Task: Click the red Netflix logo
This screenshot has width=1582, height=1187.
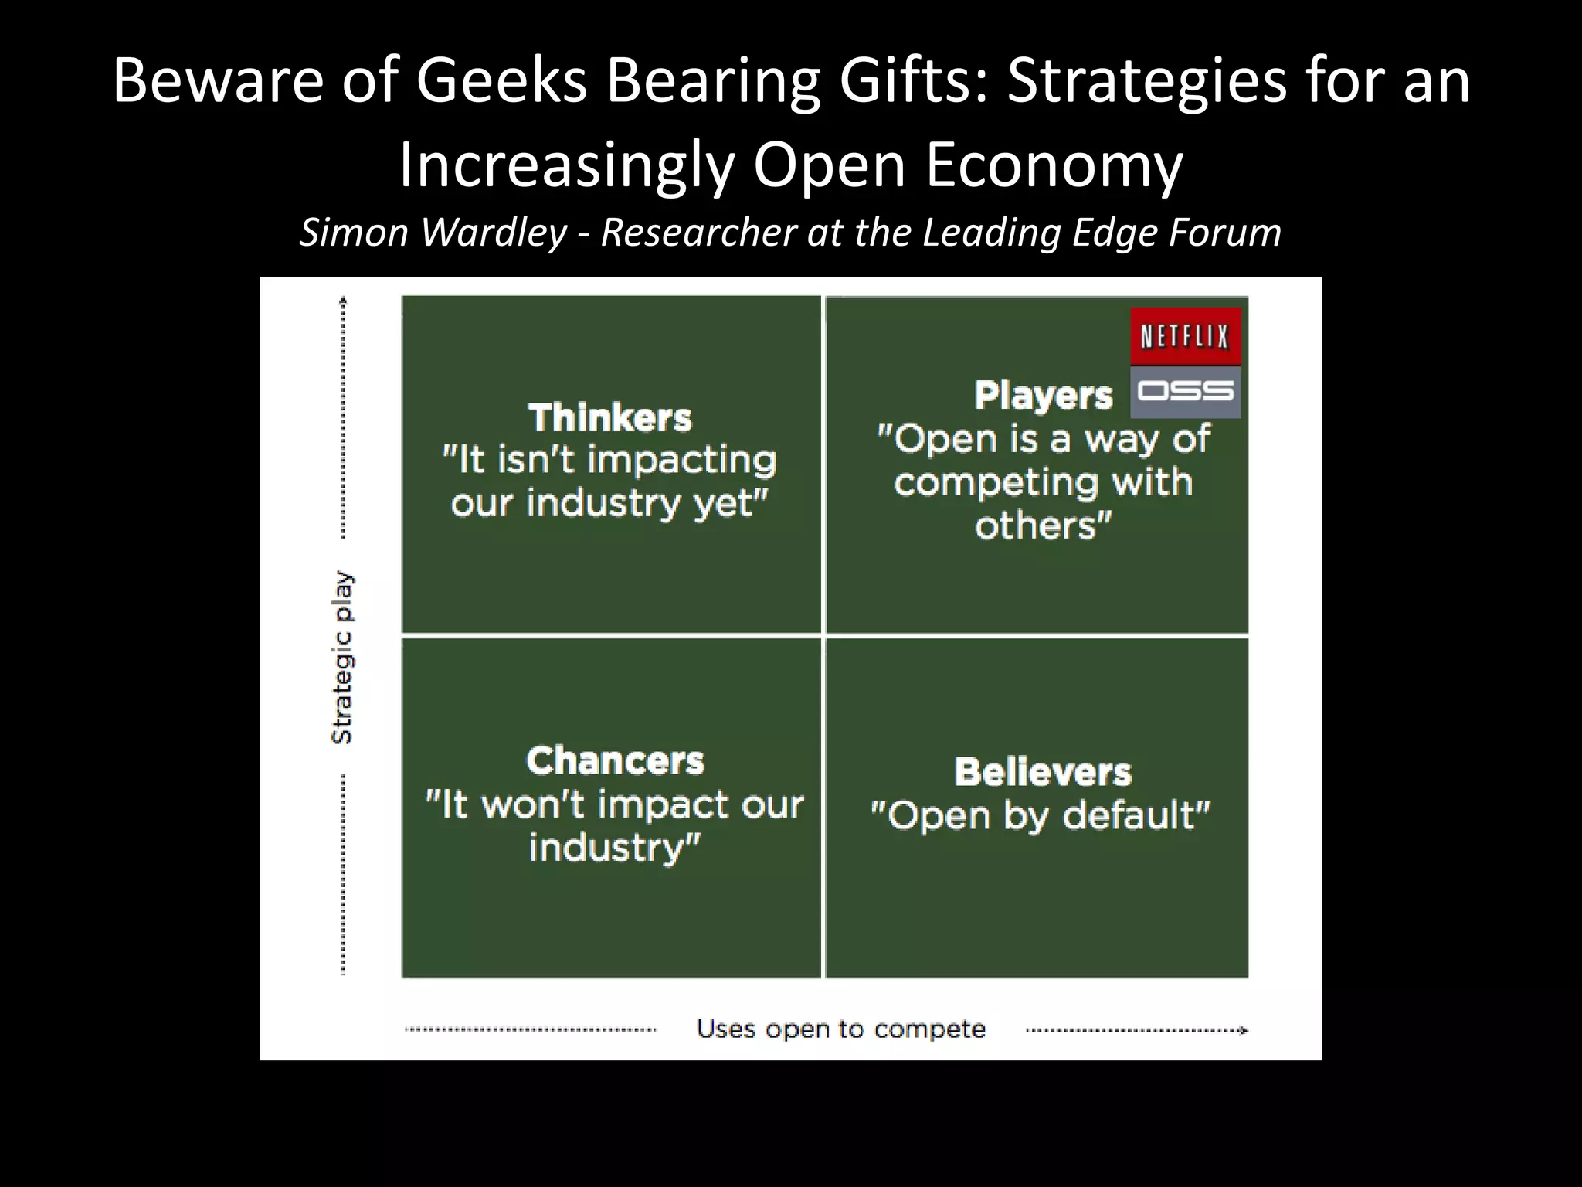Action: [x=1185, y=337]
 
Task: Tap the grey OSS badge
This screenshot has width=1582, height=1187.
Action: [x=1185, y=392]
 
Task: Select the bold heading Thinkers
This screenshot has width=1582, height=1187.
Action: [x=610, y=418]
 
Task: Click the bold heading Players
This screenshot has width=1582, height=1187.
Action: [x=1043, y=396]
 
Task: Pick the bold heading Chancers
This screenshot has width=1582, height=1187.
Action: [x=615, y=760]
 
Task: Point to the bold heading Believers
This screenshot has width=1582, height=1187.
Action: [x=1043, y=772]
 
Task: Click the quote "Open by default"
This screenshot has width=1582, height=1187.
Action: [x=1041, y=815]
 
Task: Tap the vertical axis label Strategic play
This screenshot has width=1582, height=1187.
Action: [x=341, y=658]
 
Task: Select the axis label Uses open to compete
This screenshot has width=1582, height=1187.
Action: [x=840, y=1029]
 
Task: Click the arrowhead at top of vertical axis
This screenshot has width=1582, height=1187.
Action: [x=344, y=301]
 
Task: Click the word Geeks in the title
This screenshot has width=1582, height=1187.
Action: [x=501, y=81]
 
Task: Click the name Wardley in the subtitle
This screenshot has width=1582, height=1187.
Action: [x=494, y=232]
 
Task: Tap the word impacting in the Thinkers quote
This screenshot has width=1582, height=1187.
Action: [x=682, y=461]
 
